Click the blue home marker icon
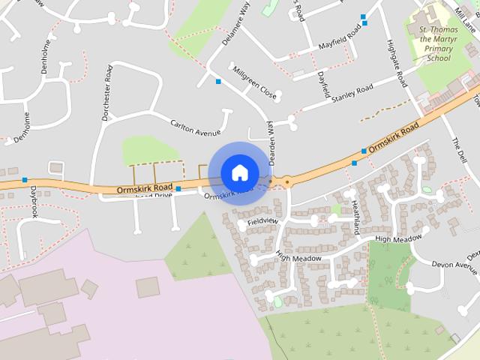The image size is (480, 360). [239, 172]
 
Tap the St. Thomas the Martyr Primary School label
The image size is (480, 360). [429, 43]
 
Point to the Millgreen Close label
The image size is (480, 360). [254, 84]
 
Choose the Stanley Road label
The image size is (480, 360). [352, 94]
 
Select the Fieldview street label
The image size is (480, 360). [262, 222]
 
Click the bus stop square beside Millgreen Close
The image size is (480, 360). [218, 81]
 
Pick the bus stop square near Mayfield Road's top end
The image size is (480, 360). [363, 16]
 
